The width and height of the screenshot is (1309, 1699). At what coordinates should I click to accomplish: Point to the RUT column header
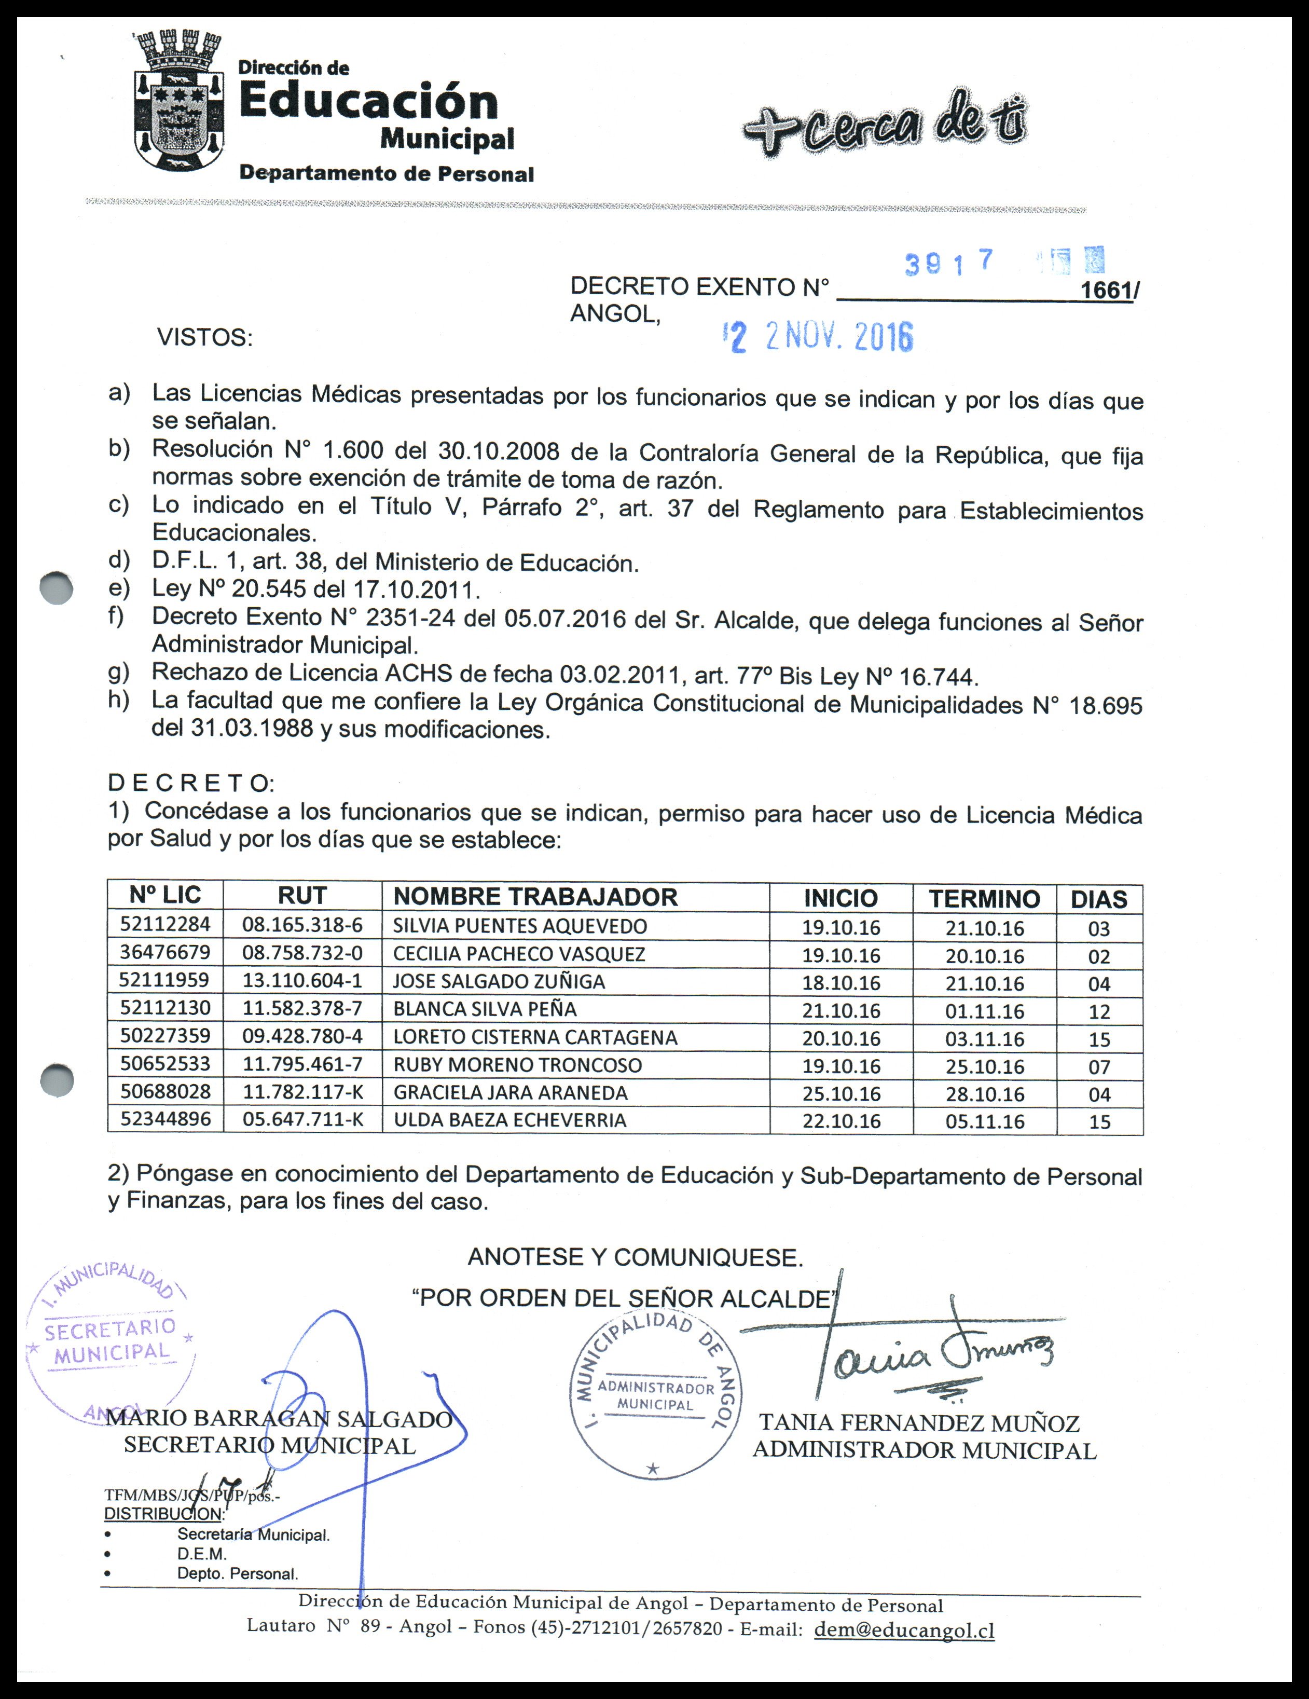pyautogui.click(x=302, y=895)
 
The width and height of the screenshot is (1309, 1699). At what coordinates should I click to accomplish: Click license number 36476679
pyautogui.click(x=165, y=952)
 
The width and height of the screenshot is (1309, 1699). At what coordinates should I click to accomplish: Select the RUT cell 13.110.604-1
pyautogui.click(x=302, y=980)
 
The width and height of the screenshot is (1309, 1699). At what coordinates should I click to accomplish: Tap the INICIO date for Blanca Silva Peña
pyautogui.click(x=841, y=1010)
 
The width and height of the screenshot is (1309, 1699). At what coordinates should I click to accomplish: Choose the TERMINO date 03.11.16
pyautogui.click(x=985, y=1038)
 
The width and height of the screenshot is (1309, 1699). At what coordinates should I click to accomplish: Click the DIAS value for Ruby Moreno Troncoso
pyautogui.click(x=1099, y=1066)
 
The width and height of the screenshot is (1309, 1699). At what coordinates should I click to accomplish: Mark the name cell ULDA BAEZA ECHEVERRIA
pyautogui.click(x=509, y=1120)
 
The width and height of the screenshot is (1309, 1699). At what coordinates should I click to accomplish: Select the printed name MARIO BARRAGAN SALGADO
pyautogui.click(x=279, y=1419)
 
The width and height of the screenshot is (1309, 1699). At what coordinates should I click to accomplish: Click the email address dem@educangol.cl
pyautogui.click(x=904, y=1630)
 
